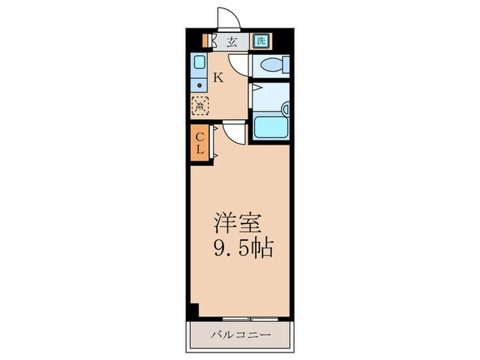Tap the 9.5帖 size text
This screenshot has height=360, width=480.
[x=244, y=246]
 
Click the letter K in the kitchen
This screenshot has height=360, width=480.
[x=218, y=77]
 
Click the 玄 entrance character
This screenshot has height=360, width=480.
[x=231, y=41]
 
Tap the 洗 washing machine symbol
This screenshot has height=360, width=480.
[x=261, y=40]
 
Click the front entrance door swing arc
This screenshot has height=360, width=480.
[x=226, y=17]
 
